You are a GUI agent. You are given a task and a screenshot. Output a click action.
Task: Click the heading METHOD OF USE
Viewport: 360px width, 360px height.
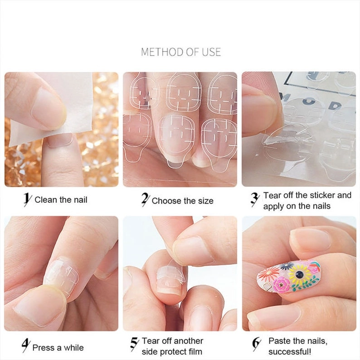coord(181,52)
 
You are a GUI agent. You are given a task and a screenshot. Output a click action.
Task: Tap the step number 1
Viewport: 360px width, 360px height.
coord(28,199)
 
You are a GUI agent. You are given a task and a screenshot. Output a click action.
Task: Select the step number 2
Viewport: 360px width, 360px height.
coord(146,199)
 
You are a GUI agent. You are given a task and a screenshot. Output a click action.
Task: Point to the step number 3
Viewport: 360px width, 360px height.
coord(255,200)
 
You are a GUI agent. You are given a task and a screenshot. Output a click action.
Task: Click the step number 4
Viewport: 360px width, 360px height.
coord(26,345)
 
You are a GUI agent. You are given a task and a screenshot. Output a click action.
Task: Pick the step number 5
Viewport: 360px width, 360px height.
coord(134,344)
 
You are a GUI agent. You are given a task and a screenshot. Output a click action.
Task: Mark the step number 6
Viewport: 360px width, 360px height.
coord(257,344)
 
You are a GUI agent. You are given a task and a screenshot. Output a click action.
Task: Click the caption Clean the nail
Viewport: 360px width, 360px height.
coord(61,200)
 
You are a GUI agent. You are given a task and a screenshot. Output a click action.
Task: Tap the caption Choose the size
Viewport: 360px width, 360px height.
coord(183,201)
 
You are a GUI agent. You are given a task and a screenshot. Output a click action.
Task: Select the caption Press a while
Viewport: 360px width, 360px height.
coord(58,348)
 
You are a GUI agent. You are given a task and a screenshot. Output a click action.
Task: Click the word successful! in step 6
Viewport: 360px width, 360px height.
coord(290,351)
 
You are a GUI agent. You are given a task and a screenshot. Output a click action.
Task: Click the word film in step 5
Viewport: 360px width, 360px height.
coord(195,351)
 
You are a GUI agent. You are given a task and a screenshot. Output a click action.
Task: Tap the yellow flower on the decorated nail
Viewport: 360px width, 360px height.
coord(299,273)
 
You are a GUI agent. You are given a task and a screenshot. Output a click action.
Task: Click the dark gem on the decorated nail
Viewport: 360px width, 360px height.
coord(299,273)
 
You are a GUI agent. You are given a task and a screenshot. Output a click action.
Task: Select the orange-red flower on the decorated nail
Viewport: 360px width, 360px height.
coord(266,274)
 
